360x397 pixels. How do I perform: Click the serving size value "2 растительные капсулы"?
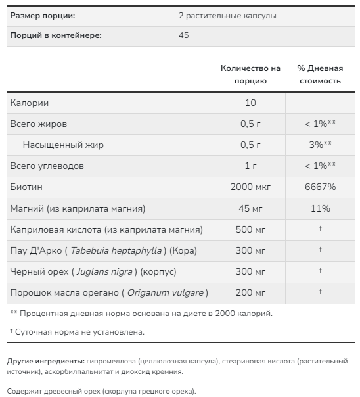pyautogui.click(x=227, y=15)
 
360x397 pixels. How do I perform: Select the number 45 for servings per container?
pyautogui.click(x=183, y=35)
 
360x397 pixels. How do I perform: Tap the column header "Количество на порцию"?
pyautogui.click(x=250, y=74)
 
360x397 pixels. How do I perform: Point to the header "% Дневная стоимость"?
pyautogui.click(x=320, y=74)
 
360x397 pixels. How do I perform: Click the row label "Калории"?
pyautogui.click(x=29, y=103)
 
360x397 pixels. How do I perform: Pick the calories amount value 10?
pyautogui.click(x=250, y=103)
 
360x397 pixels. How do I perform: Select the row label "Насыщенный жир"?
pyautogui.click(x=63, y=145)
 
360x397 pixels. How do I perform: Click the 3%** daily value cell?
pyautogui.click(x=320, y=145)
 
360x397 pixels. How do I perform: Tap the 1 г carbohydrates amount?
pyautogui.click(x=250, y=166)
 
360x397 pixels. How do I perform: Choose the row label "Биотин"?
pyautogui.click(x=26, y=187)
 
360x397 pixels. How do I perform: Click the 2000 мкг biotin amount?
pyautogui.click(x=250, y=187)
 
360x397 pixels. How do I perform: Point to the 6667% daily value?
pyautogui.click(x=320, y=187)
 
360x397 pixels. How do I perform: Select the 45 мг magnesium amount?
pyautogui.click(x=250, y=208)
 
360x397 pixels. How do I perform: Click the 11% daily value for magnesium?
pyautogui.click(x=320, y=208)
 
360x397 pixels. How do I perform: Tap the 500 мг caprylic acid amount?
pyautogui.click(x=250, y=229)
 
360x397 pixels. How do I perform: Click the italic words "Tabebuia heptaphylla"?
pyautogui.click(x=116, y=250)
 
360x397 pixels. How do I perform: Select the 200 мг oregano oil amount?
pyautogui.click(x=250, y=292)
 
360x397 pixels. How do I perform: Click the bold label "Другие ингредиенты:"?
pyautogui.click(x=45, y=362)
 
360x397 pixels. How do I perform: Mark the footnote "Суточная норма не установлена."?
pyautogui.click(x=79, y=332)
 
